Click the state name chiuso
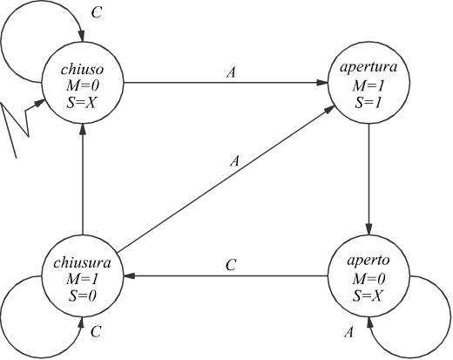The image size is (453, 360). pos(82,70)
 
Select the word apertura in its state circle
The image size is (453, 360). pos(368,68)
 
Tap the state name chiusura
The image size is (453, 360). pos(82,262)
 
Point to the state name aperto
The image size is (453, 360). pos(368,261)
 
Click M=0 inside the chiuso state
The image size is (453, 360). pos(83,85)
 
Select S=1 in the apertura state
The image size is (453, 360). pos(368,103)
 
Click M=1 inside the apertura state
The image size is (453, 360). pos(368,86)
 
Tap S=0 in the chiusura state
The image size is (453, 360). pos(83,295)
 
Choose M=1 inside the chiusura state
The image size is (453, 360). pos(83,279)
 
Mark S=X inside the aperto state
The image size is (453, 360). pos(368,295)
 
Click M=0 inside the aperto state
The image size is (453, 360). pos(368,279)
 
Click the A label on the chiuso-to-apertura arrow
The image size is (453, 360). pos(231,72)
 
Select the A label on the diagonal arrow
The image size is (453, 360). pos(235,160)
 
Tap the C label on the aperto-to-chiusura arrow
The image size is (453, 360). pos(231,265)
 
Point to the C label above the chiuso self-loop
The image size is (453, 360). pos(97,12)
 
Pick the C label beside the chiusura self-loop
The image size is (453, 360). pos(96,331)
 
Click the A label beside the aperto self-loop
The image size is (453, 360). pos(348,332)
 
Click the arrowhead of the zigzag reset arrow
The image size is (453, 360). pos(40,103)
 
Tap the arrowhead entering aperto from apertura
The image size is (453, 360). pos(368,229)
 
